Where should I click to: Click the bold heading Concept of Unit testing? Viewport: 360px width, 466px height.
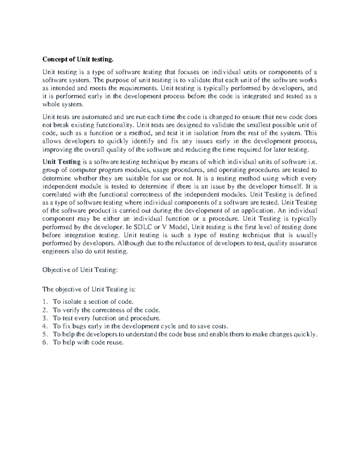point(78,59)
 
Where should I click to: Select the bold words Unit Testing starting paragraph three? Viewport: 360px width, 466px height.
point(61,162)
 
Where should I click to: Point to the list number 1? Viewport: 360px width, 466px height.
point(45,302)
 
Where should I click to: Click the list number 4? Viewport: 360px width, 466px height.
point(45,326)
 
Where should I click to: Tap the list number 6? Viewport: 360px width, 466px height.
point(45,342)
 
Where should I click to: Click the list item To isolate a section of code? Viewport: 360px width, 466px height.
point(93,302)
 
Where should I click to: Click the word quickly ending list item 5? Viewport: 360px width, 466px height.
point(305,334)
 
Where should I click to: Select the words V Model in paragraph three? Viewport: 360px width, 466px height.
point(175,227)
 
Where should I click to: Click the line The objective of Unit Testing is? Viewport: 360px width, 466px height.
point(89,289)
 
